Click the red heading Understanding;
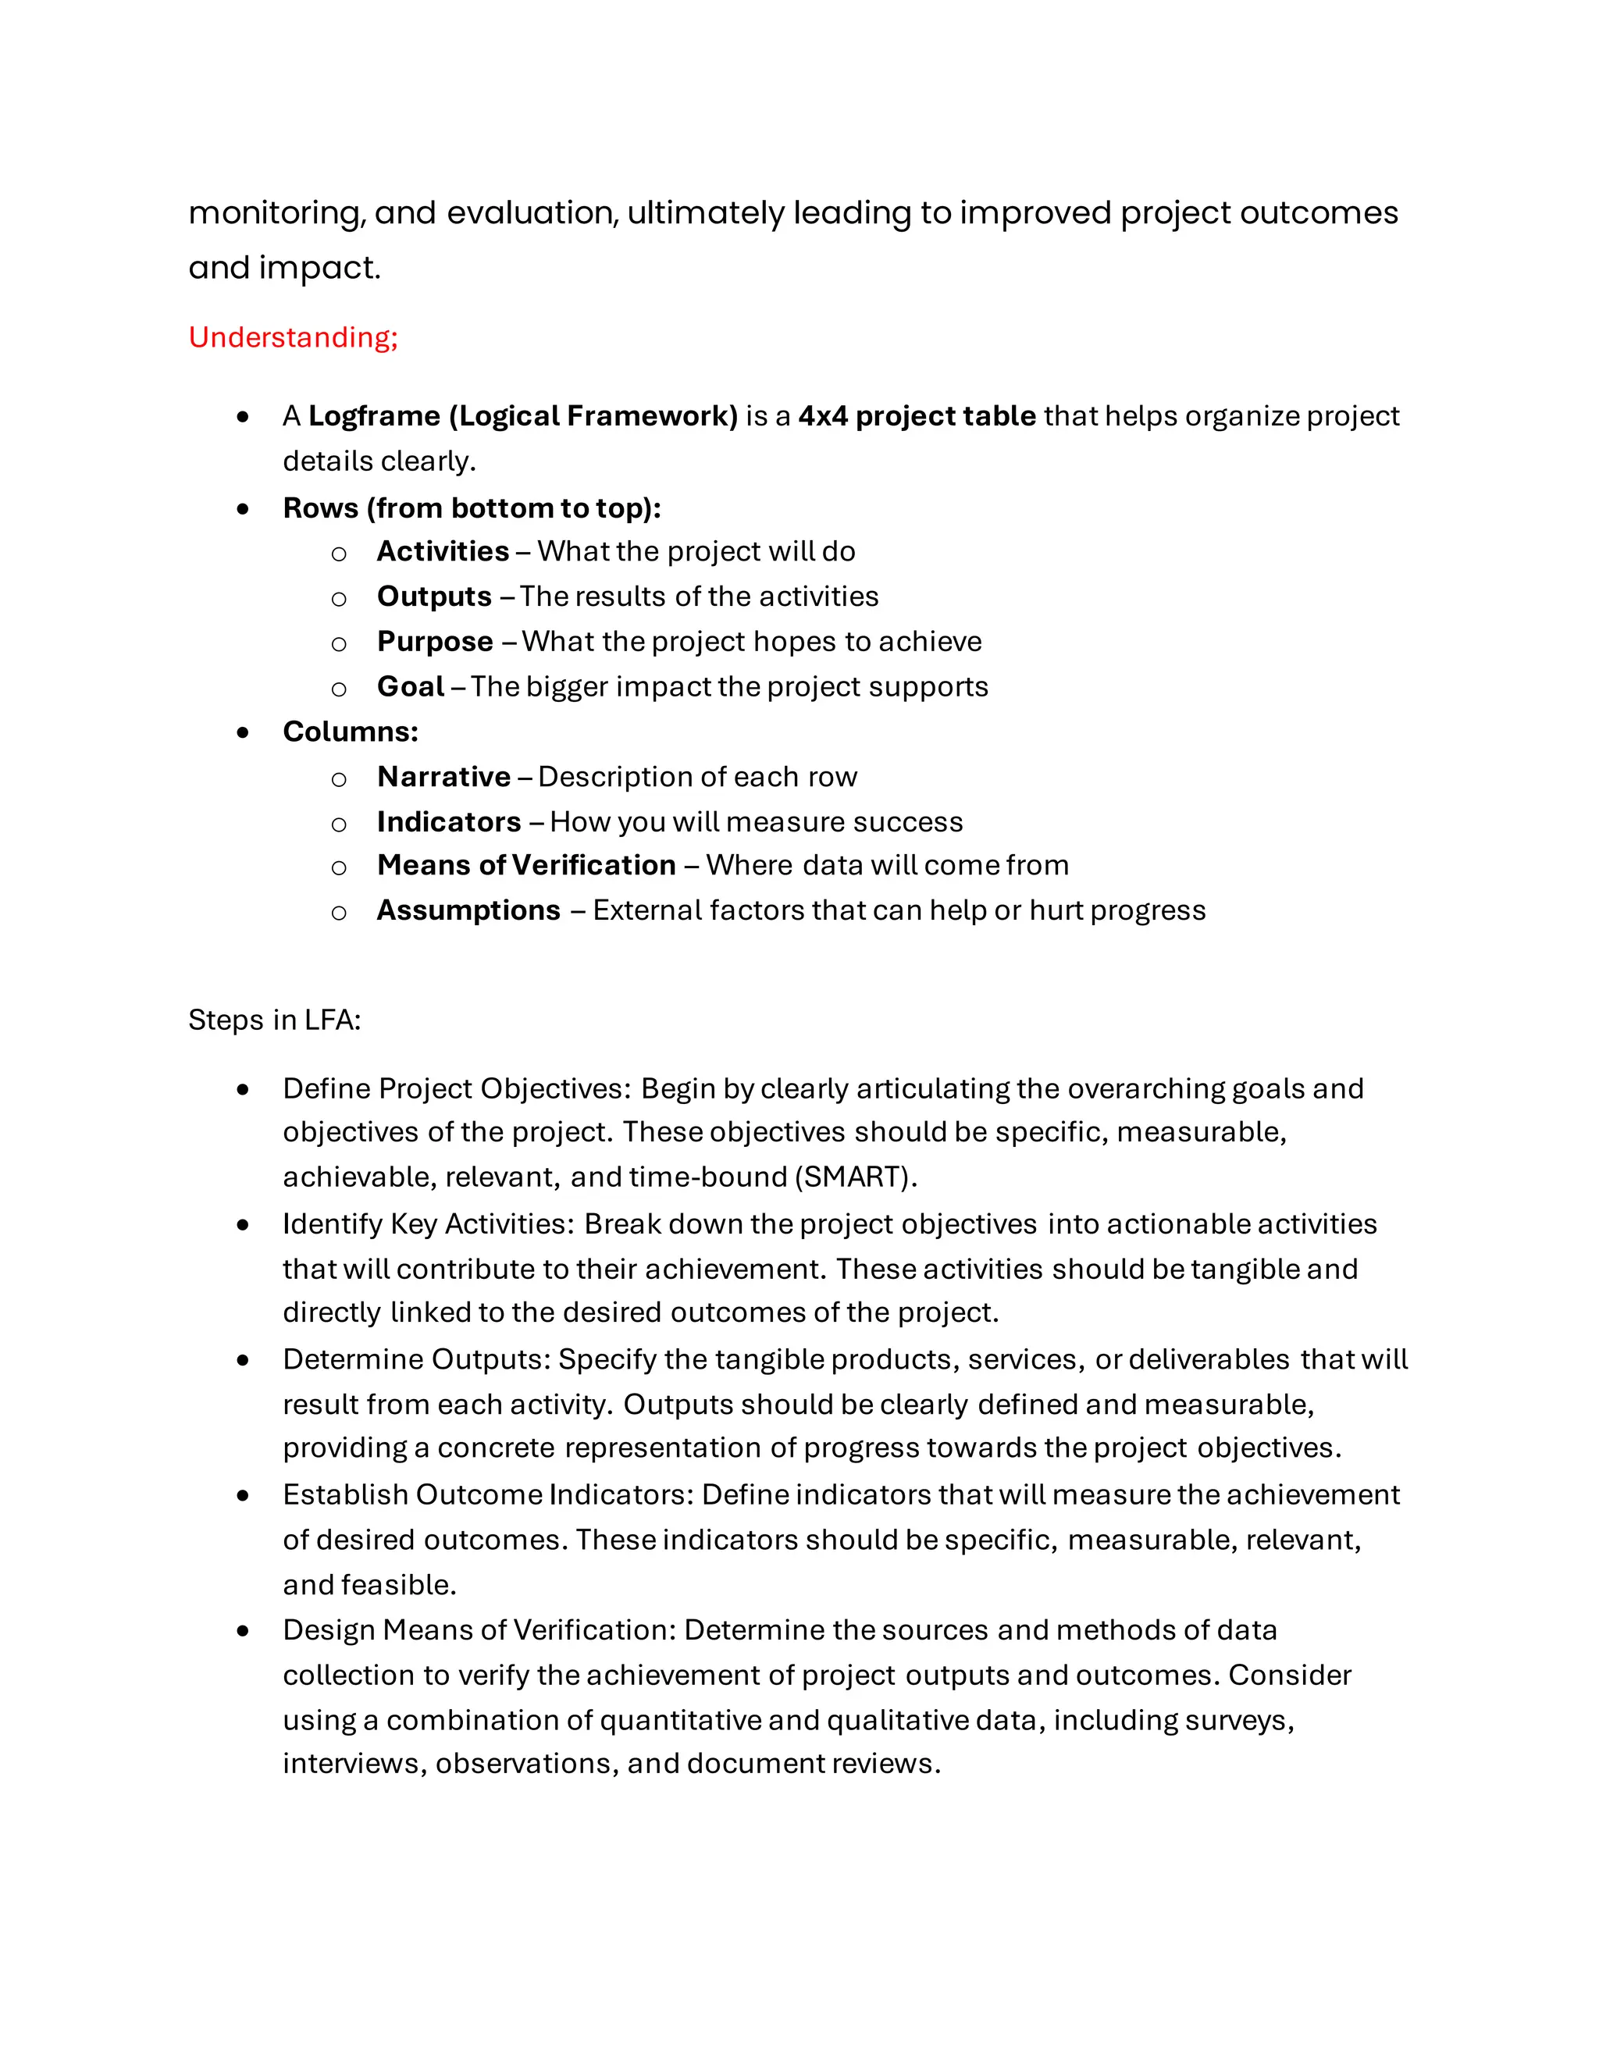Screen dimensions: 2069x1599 click(x=293, y=337)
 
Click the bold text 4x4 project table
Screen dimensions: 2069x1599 click(x=916, y=416)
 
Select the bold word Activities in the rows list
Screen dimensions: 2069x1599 click(x=443, y=551)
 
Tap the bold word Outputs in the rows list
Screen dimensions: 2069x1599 click(x=434, y=596)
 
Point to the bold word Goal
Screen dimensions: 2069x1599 click(x=410, y=687)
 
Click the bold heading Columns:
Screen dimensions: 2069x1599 click(x=350, y=732)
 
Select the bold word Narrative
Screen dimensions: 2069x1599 click(x=443, y=777)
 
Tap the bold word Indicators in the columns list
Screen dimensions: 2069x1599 click(x=449, y=822)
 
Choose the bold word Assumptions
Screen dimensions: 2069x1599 click(x=468, y=910)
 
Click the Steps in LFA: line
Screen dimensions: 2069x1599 click(x=275, y=1020)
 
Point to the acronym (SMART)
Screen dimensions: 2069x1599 click(x=856, y=1177)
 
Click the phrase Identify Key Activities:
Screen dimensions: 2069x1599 click(x=428, y=1224)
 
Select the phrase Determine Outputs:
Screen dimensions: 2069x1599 click(x=417, y=1359)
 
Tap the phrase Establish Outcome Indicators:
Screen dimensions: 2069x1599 click(x=488, y=1495)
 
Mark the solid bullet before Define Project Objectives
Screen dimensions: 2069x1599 click(x=244, y=1089)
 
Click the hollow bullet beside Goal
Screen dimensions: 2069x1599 click(x=338, y=689)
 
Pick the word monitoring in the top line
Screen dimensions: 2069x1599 click(x=275, y=214)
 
